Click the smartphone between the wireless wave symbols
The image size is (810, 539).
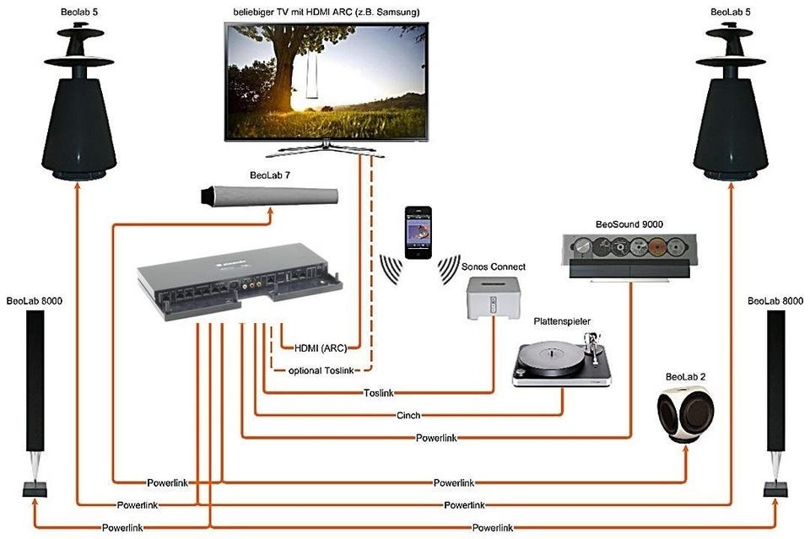coord(417,232)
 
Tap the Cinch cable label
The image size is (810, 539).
coord(408,415)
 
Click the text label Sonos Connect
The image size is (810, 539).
coord(494,267)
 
